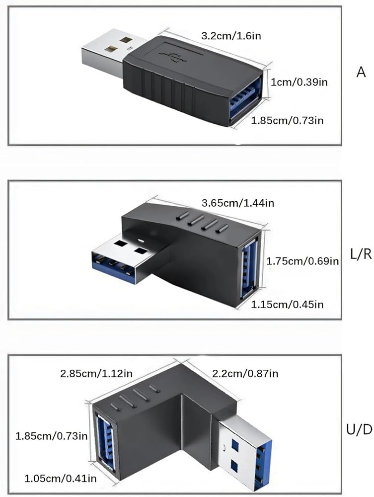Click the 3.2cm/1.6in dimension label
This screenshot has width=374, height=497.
231,35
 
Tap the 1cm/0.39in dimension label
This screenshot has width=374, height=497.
299,82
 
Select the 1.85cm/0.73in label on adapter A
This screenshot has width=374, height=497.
287,120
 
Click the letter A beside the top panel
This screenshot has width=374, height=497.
361,72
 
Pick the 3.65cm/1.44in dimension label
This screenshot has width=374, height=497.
238,203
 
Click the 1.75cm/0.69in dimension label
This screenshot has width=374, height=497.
302,261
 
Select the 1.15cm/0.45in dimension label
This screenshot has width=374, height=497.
287,305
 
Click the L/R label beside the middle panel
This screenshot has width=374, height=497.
361,254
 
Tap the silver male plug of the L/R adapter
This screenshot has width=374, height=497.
127,257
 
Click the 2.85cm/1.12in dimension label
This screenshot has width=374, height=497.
96,373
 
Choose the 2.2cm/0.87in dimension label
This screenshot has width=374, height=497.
245,373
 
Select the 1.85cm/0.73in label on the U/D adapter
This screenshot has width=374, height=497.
52,436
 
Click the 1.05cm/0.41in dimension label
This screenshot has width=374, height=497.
61,478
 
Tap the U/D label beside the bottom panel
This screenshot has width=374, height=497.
360,430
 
